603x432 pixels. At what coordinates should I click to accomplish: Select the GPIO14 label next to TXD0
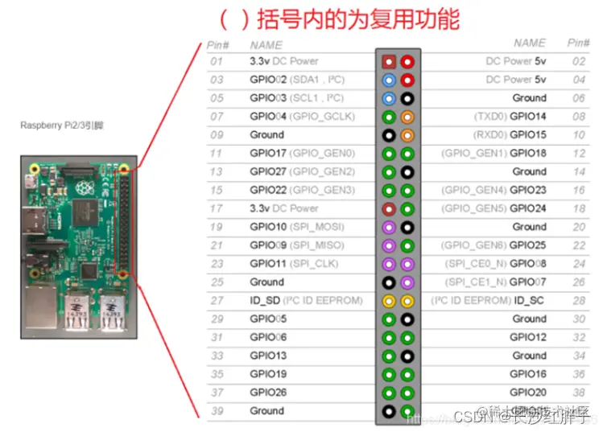tap(528, 117)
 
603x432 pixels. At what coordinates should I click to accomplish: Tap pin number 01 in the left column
tap(217, 61)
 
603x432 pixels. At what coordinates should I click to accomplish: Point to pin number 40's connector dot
tap(407, 412)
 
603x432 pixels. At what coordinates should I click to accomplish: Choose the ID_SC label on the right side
tap(531, 301)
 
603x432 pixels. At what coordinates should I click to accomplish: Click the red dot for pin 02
tap(407, 62)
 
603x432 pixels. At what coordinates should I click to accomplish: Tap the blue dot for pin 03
tap(390, 80)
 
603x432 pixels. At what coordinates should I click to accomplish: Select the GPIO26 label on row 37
tap(268, 393)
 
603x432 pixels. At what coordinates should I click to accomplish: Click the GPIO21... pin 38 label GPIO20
tap(528, 393)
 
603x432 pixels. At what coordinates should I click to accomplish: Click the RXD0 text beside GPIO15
tap(489, 135)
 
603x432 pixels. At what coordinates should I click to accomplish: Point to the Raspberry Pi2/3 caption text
tap(62, 125)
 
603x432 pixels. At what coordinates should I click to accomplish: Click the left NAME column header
tap(266, 45)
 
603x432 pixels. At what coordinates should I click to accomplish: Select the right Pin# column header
tap(578, 43)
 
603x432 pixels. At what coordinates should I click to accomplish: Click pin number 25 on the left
tap(217, 282)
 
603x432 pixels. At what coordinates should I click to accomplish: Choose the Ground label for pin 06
tap(529, 98)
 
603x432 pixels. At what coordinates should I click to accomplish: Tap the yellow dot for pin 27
tap(390, 301)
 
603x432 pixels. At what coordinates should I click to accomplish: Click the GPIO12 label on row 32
tap(528, 338)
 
